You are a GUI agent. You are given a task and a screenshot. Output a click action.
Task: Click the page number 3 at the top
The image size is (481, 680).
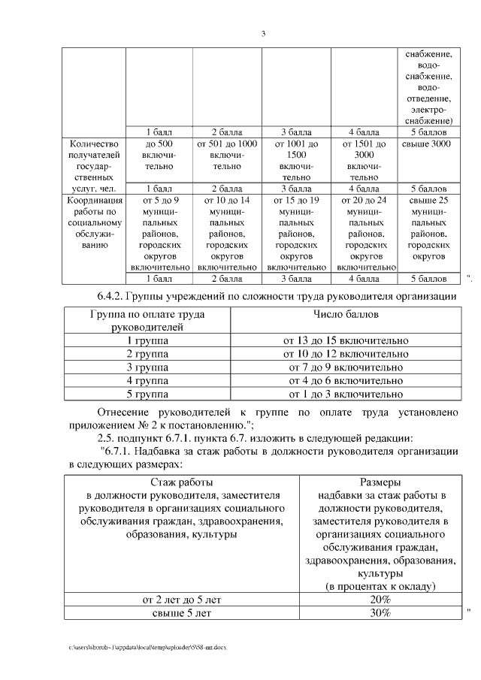point(264,33)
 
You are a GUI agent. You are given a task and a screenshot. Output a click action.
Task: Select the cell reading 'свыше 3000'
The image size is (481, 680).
point(426,144)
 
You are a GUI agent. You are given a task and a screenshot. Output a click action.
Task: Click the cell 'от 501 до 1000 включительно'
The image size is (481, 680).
point(226,154)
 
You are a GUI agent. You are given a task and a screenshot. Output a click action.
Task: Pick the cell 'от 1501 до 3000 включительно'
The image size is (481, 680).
point(365,159)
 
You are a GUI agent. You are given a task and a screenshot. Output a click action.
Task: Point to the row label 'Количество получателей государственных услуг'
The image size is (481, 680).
point(93,165)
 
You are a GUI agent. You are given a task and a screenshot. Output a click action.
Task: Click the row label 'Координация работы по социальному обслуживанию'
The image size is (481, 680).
point(93,222)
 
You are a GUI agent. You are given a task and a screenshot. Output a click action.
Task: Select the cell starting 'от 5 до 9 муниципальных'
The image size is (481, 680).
point(159,233)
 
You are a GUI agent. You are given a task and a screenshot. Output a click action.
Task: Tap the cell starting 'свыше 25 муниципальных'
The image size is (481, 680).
point(426,228)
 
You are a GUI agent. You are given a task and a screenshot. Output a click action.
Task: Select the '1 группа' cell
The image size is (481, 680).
point(147,340)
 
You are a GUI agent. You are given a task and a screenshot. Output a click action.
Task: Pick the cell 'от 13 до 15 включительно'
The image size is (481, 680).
point(346,340)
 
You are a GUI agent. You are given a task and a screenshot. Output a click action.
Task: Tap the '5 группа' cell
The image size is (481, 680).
point(147,394)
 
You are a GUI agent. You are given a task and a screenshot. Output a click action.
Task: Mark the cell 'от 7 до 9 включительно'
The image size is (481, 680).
point(346,367)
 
